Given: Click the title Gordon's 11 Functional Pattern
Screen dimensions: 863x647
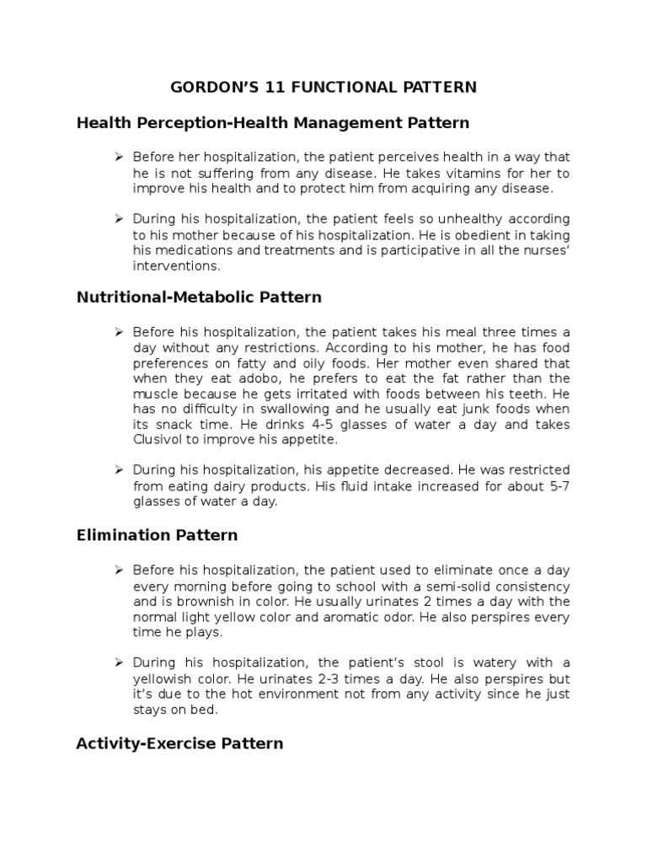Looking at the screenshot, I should click(x=323, y=87).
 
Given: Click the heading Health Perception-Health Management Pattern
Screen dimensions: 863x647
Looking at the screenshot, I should click(x=273, y=123).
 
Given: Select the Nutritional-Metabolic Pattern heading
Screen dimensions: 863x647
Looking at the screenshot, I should click(x=199, y=297).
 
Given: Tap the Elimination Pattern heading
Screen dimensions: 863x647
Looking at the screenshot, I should click(x=157, y=535).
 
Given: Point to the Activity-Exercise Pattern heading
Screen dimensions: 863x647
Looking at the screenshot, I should click(x=179, y=743).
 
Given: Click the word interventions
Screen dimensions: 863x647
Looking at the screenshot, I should click(x=175, y=266).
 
